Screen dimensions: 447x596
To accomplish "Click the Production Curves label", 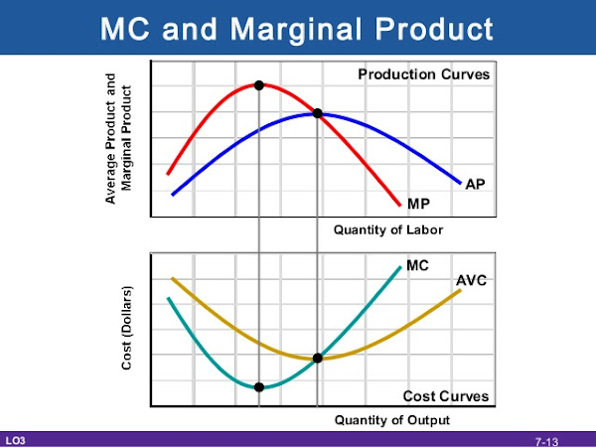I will click(x=424, y=74).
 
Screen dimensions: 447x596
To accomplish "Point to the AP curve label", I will click(x=475, y=185).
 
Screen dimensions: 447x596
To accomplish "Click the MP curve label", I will click(x=418, y=203).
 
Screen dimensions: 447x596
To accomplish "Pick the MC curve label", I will click(x=417, y=266).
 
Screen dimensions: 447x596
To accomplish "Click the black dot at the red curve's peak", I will click(x=259, y=85).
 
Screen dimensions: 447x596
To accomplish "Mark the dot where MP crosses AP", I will click(x=318, y=113).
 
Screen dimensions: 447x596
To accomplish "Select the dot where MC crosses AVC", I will click(x=318, y=358).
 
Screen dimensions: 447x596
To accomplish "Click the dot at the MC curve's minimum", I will click(x=259, y=386).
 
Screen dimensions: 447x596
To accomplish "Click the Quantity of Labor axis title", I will click(x=388, y=230).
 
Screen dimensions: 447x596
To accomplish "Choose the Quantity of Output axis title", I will click(x=392, y=420).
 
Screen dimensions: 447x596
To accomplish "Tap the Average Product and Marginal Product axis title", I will click(x=118, y=139).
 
